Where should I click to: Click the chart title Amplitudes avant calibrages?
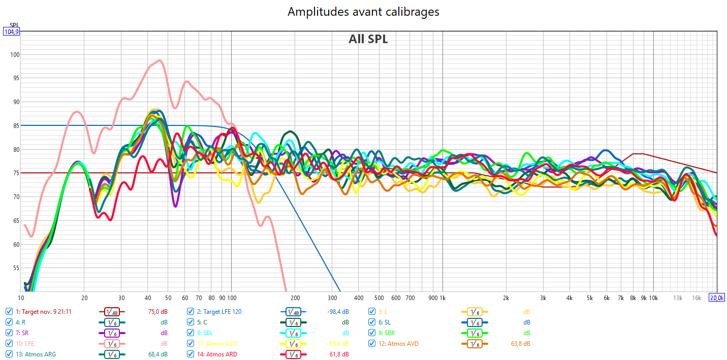(363, 12)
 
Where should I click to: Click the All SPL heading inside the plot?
(368, 39)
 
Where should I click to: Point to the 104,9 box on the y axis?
(11, 31)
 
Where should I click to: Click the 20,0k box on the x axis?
(716, 298)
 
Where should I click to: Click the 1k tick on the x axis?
(442, 298)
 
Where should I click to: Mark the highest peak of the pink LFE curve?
(160, 60)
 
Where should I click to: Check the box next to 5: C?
(191, 322)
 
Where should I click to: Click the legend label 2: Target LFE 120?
(219, 311)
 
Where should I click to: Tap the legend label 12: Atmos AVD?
(402, 344)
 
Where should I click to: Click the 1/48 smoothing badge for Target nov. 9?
(112, 312)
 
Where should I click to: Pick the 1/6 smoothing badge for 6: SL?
(475, 322)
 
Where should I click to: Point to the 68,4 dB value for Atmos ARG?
(157, 354)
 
